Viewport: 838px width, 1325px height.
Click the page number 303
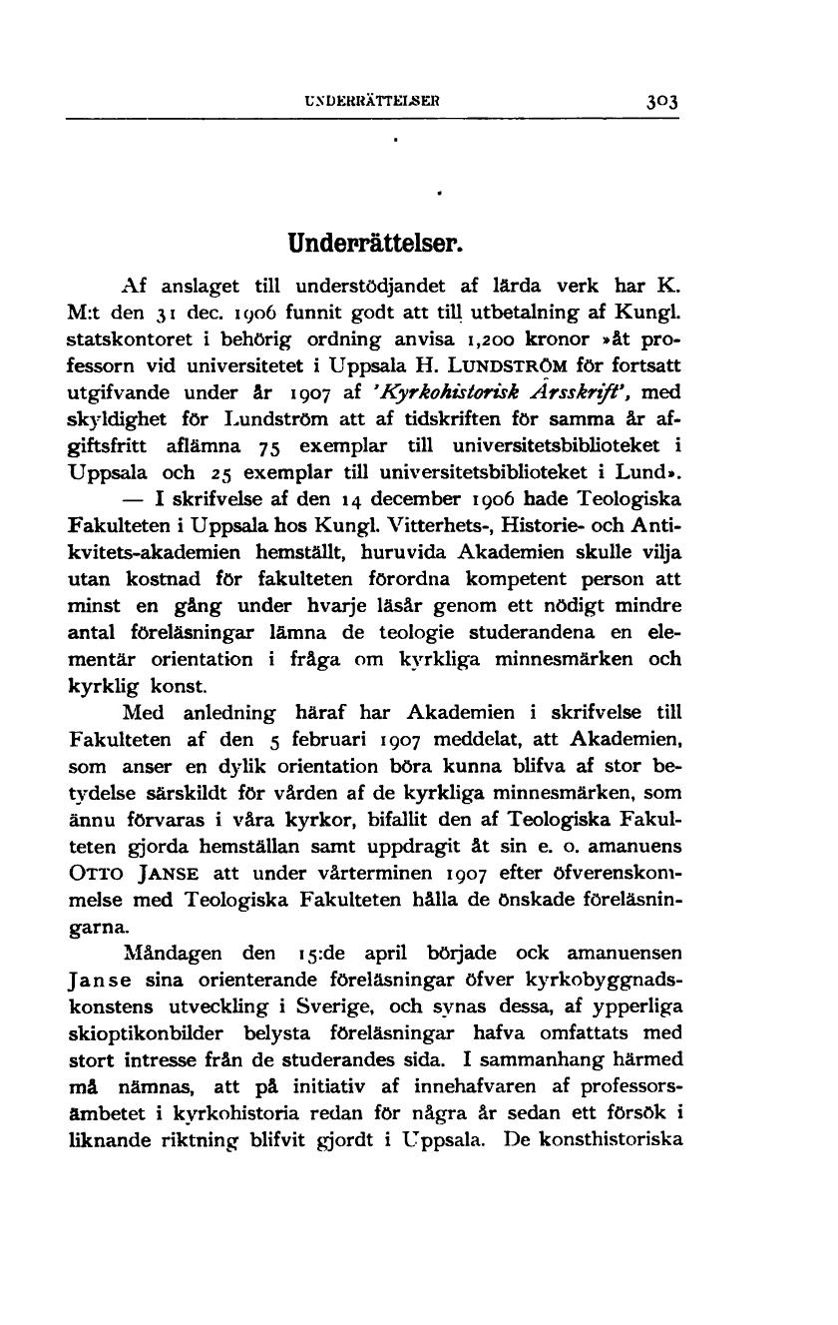661,102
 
